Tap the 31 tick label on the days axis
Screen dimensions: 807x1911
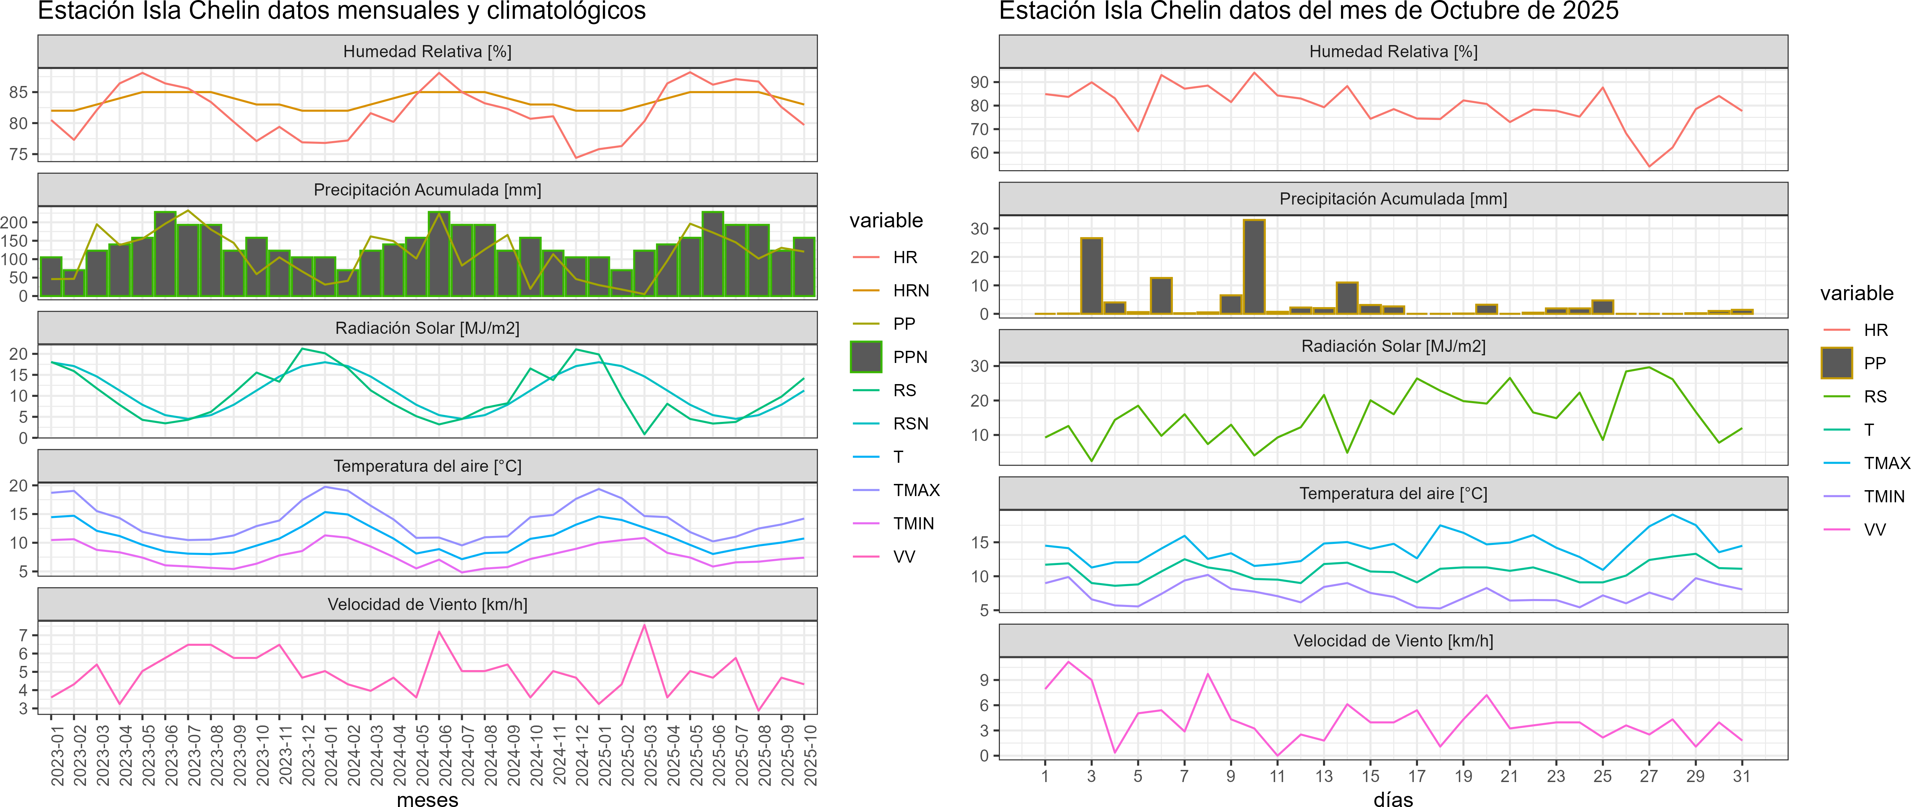click(x=1741, y=776)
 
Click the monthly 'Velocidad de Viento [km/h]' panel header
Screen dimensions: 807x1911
click(x=427, y=605)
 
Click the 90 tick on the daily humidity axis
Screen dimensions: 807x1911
click(x=979, y=83)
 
